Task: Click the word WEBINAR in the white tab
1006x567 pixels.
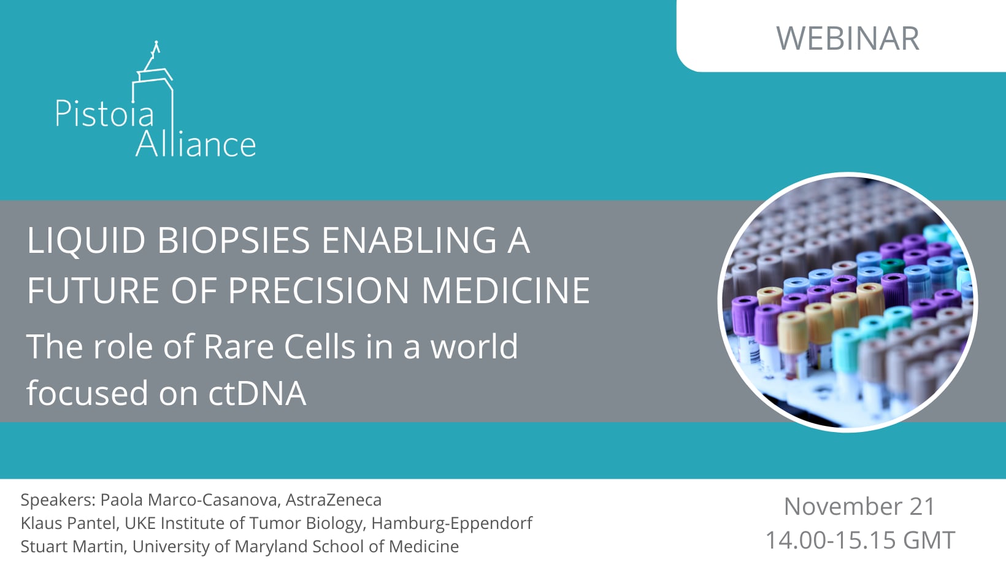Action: [848, 38]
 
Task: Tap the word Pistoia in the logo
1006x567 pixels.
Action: [105, 114]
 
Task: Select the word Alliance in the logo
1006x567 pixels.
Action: [196, 144]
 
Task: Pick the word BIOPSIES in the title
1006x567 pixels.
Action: [233, 240]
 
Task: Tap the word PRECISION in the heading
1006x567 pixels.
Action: [318, 290]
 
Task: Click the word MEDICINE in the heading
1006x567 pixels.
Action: [505, 290]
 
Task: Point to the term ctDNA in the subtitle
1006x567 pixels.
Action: [258, 393]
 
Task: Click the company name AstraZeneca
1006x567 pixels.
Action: [334, 499]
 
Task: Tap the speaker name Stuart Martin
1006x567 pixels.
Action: [72, 546]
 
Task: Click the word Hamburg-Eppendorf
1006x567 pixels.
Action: [452, 523]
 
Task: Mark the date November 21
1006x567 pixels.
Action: [859, 506]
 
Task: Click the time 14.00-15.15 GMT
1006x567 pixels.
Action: [860, 540]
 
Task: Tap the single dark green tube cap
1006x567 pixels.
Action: [892, 265]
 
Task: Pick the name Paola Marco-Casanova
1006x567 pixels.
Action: [190, 499]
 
